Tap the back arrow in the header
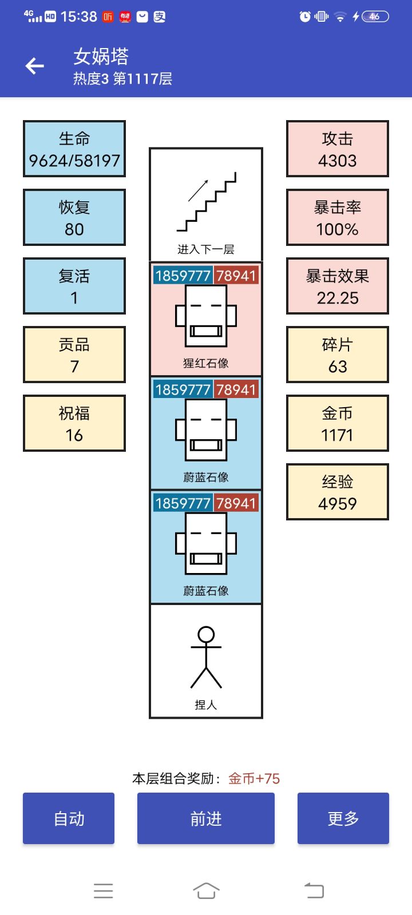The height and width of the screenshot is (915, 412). (35, 66)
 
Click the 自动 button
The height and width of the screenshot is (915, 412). (69, 818)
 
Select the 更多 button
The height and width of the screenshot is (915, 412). (343, 818)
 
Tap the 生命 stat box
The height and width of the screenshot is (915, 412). (74, 149)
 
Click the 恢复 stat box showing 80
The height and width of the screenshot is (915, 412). (74, 217)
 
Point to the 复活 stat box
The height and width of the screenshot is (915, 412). (74, 286)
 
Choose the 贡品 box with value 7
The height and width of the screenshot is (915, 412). (74, 355)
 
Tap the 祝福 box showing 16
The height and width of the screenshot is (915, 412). (74, 423)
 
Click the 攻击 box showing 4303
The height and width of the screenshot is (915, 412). (338, 149)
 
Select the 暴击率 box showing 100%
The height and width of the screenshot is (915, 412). (338, 217)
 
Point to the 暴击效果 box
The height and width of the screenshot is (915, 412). (338, 286)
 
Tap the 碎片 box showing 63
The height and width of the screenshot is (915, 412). (338, 355)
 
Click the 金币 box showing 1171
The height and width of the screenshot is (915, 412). (338, 423)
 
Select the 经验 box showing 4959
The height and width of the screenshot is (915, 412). (338, 492)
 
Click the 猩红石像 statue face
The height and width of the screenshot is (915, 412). (206, 316)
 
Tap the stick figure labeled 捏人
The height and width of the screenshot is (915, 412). (206, 658)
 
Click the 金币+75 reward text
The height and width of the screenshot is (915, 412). (254, 778)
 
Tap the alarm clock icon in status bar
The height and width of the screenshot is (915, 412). (305, 17)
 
